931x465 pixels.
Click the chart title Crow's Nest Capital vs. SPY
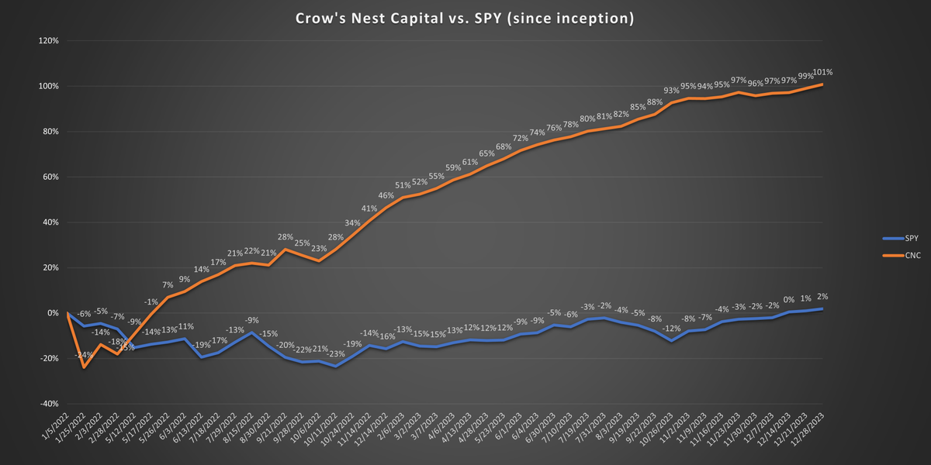465,17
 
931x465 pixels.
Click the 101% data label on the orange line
823,72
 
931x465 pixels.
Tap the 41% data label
369,208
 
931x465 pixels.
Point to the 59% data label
453,167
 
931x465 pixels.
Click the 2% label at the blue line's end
823,297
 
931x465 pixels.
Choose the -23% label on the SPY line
337,353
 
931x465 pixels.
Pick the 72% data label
520,138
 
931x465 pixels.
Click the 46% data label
386,195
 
